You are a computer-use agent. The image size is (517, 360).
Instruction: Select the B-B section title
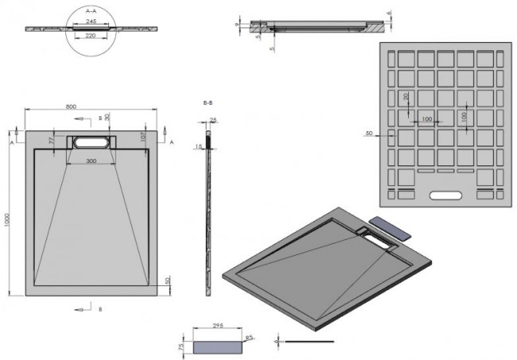click(208, 103)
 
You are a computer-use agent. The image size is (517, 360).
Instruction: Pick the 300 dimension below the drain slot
click(93, 161)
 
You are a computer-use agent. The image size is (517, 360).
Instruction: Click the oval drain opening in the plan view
click(93, 143)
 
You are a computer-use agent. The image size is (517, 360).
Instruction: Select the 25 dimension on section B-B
click(214, 120)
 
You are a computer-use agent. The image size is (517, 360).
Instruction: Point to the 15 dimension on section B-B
click(200, 146)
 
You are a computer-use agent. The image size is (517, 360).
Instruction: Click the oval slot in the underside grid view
click(445, 194)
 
